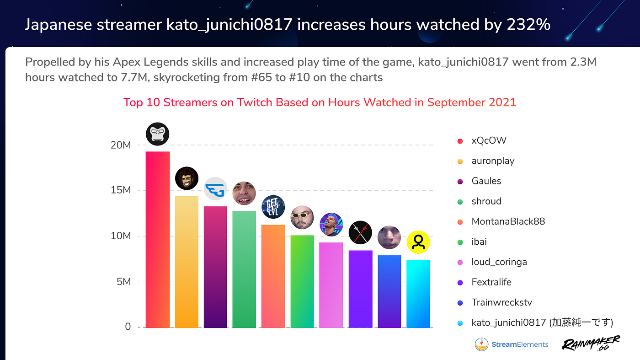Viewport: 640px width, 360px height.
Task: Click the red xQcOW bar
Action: pos(157,239)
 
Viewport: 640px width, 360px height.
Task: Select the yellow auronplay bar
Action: pos(187,262)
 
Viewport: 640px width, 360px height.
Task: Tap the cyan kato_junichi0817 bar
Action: pos(418,294)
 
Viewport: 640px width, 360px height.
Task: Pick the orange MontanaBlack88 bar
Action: pos(273,276)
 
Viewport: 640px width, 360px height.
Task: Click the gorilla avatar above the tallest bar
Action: pos(157,134)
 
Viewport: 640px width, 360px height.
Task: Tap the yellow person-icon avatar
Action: pos(418,242)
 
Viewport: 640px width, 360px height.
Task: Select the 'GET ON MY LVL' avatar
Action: pos(273,207)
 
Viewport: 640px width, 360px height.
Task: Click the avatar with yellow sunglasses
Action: pos(302,217)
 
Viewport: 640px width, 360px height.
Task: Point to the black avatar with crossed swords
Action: pos(360,232)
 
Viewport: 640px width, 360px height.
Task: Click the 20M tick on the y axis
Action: pos(121,145)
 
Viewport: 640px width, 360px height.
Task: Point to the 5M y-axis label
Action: pos(123,282)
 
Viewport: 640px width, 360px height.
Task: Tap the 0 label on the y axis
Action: pos(128,327)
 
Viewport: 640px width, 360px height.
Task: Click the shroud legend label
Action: pos(486,201)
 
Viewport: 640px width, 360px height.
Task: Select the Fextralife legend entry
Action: pos(484,282)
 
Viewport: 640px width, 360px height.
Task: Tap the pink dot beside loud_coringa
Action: pos(460,263)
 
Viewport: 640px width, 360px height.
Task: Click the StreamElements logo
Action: pos(512,344)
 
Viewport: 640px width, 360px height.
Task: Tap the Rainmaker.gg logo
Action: pos(591,343)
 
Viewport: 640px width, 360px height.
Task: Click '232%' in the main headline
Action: pos(528,25)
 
